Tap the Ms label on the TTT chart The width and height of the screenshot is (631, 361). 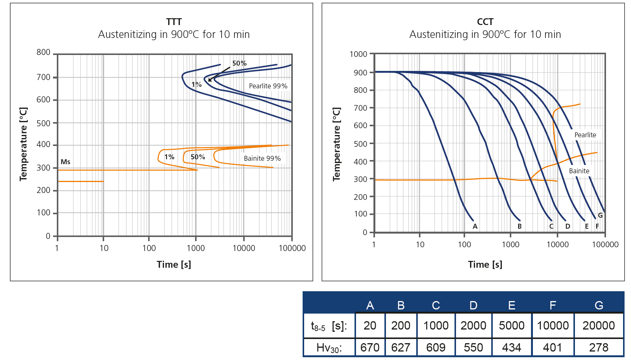tap(66, 162)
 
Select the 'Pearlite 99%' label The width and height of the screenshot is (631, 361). tap(268, 86)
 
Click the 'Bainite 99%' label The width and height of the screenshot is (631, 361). tap(262, 159)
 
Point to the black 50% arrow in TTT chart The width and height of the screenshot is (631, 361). tap(219, 74)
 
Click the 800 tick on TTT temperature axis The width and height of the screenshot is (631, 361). tap(44, 52)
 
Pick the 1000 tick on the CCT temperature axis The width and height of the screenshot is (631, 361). tap(358, 54)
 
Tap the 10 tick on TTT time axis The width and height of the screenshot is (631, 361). tap(104, 248)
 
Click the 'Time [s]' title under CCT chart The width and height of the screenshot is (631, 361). tap(485, 265)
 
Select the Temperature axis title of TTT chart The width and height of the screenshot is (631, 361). tap(23, 144)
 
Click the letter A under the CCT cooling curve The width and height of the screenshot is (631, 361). tap(475, 226)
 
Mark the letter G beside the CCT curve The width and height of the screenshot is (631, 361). tap(600, 215)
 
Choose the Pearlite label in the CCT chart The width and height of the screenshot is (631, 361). tap(586, 135)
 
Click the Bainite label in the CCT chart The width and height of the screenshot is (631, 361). tap(579, 171)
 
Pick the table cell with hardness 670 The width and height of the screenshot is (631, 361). tap(370, 347)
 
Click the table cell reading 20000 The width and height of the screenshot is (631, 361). tap(598, 325)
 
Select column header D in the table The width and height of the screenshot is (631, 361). tap(473, 305)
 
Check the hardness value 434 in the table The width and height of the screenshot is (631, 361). tap(512, 347)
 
